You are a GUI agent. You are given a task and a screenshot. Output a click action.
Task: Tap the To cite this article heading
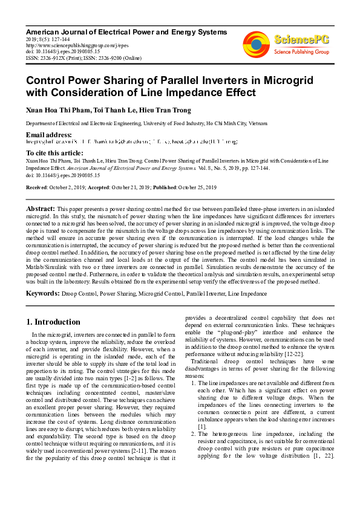pyautogui.click(x=55, y=153)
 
